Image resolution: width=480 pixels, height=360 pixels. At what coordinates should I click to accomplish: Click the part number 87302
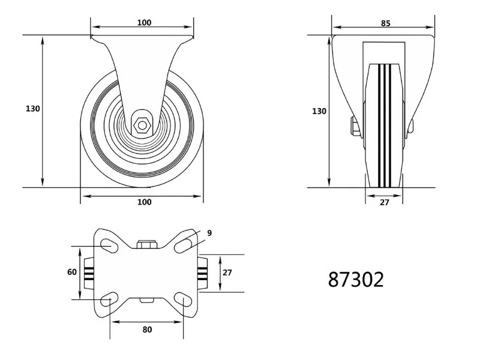point(356,279)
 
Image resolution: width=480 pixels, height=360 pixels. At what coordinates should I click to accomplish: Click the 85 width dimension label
point(386,23)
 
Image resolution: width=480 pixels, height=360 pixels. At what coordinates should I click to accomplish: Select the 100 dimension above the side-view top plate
point(144,23)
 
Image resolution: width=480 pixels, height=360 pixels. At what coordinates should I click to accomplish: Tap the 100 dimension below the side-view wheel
point(144,202)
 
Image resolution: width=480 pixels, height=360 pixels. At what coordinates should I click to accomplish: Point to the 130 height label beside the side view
point(33,109)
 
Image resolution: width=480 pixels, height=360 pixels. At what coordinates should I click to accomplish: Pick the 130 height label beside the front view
point(319,112)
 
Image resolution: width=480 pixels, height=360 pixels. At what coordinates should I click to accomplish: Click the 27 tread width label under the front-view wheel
point(385,202)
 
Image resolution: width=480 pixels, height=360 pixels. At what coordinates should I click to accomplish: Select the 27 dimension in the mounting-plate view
point(227,272)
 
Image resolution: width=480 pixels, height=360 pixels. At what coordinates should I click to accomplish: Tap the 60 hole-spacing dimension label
point(72,272)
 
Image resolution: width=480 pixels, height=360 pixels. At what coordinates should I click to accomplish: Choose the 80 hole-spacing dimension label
point(147,329)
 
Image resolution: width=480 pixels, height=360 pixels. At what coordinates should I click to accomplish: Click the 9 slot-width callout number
point(209,233)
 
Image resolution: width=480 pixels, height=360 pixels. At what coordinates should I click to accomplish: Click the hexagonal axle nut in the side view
point(142,125)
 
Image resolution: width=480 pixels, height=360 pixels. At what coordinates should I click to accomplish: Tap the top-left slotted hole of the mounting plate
point(109,245)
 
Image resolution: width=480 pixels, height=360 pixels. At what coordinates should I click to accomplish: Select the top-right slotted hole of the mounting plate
point(184,245)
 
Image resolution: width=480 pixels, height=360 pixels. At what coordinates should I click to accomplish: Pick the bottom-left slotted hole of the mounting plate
point(109,299)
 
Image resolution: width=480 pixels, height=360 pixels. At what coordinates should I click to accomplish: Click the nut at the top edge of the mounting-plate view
point(147,245)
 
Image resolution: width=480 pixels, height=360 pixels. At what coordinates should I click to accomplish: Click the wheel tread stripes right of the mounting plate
point(203,274)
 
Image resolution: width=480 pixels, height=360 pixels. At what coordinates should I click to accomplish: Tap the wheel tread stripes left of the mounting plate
point(89,274)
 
